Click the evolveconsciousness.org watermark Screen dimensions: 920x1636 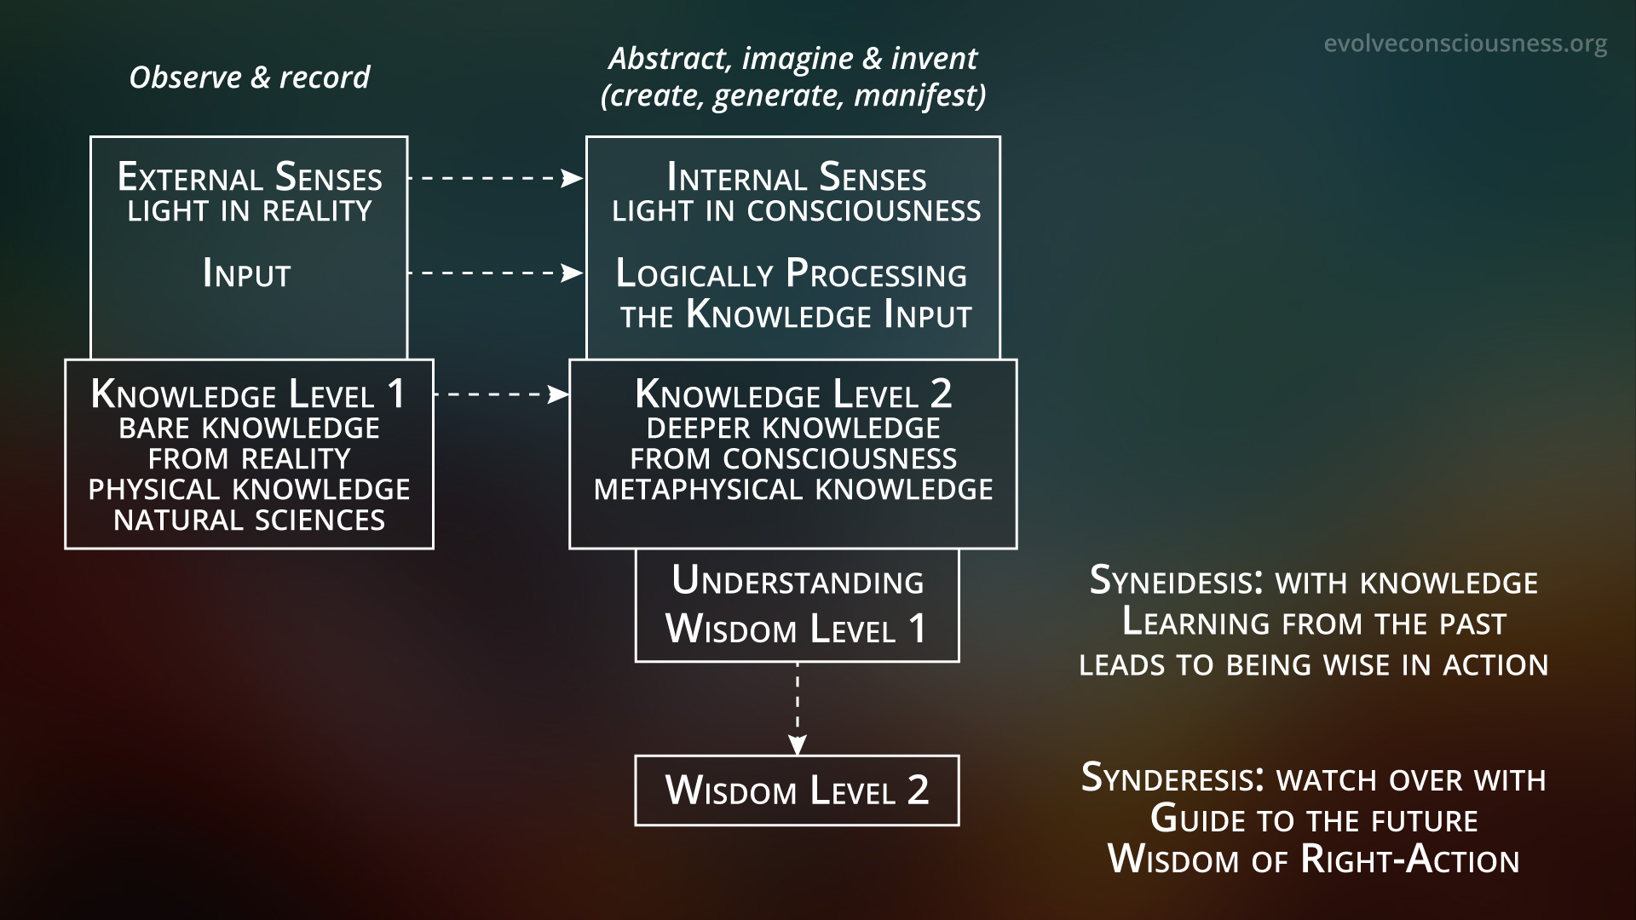coord(1466,43)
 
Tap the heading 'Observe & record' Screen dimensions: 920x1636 coord(249,78)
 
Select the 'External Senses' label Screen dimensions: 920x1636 coord(250,178)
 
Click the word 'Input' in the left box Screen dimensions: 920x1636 coord(247,274)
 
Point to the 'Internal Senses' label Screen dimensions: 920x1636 coord(797,178)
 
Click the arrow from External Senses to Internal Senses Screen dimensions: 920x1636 coord(495,178)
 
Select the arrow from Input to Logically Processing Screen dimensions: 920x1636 coord(495,273)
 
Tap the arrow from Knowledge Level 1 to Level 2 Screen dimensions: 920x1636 coord(501,394)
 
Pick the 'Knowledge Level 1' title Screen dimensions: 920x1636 coord(249,394)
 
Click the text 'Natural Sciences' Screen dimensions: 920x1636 coord(249,520)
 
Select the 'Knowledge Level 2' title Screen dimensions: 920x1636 coord(793,394)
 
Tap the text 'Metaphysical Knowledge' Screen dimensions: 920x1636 coord(793,490)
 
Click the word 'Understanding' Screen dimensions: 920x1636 coord(798,582)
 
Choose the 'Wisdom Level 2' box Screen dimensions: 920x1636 coord(797,791)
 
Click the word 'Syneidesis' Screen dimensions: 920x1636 coord(1171,582)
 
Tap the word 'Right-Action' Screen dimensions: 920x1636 coord(1410,860)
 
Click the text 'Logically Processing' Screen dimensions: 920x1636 coord(792,274)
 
